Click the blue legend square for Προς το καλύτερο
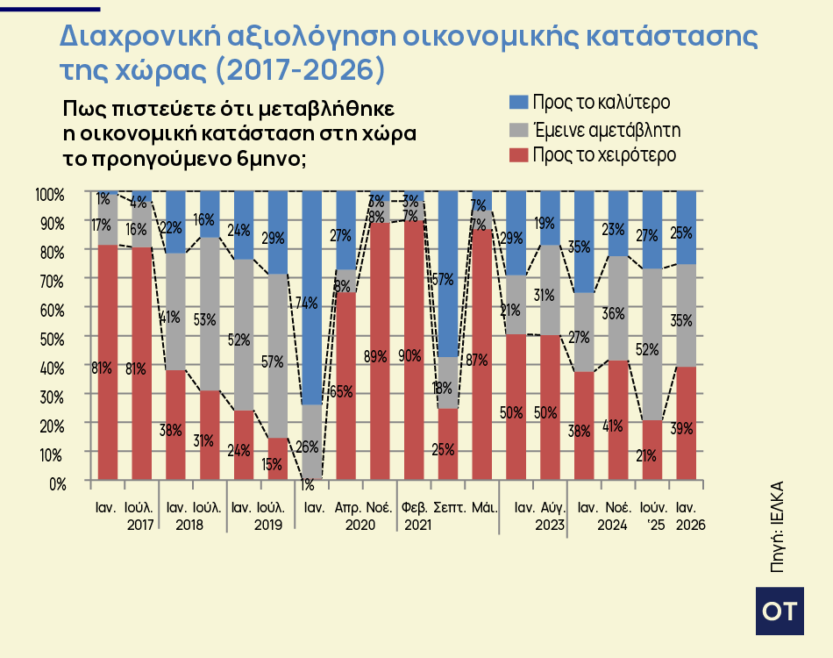click(518, 103)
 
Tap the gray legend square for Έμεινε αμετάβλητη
click(518, 130)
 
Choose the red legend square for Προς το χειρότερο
click(518, 155)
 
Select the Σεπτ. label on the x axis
click(449, 508)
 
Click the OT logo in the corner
click(779, 612)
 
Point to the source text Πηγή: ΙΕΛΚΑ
click(777, 526)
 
